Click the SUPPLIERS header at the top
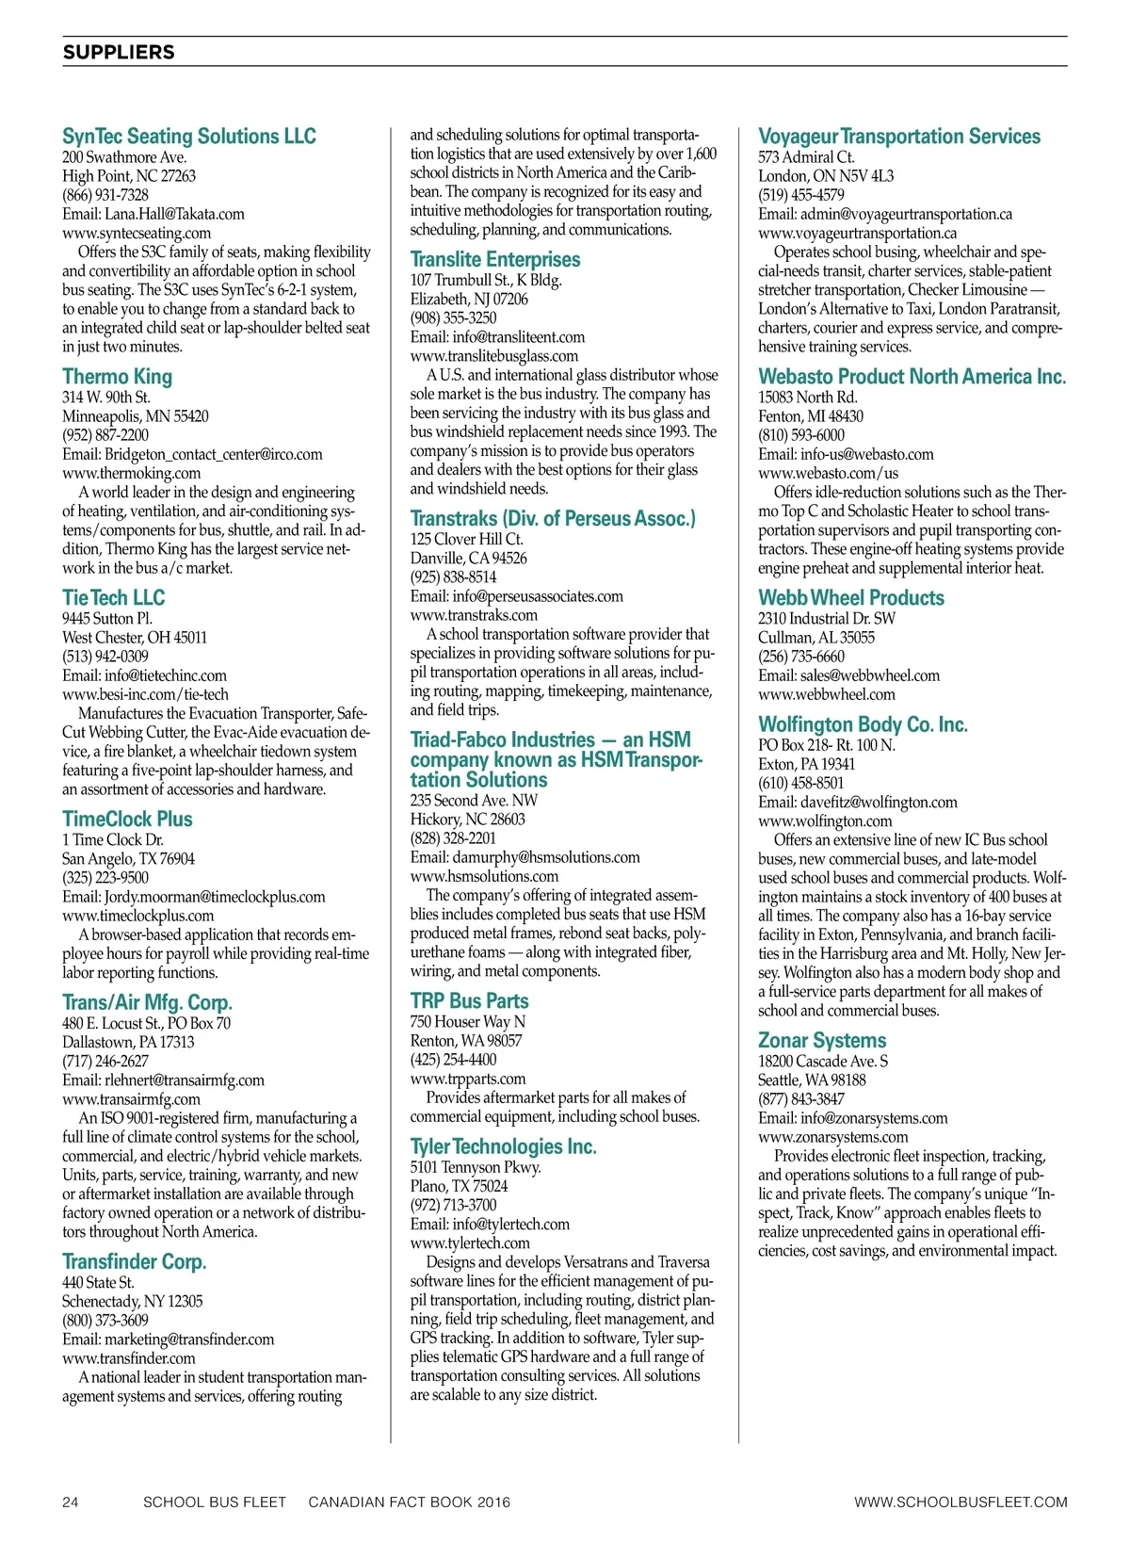119,53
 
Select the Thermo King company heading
118,377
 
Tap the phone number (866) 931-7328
105,195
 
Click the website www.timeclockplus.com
137,916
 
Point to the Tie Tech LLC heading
113,598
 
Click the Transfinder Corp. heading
134,1262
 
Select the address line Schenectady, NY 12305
132,1302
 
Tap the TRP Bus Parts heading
469,1001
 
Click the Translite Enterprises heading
495,260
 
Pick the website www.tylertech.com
470,1243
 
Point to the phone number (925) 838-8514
453,577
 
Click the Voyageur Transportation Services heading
899,137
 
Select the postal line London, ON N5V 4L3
826,176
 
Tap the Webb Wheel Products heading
851,598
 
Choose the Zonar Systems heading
822,1041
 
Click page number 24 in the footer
71,1502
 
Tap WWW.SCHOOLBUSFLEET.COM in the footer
960,1502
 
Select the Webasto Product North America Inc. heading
912,377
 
